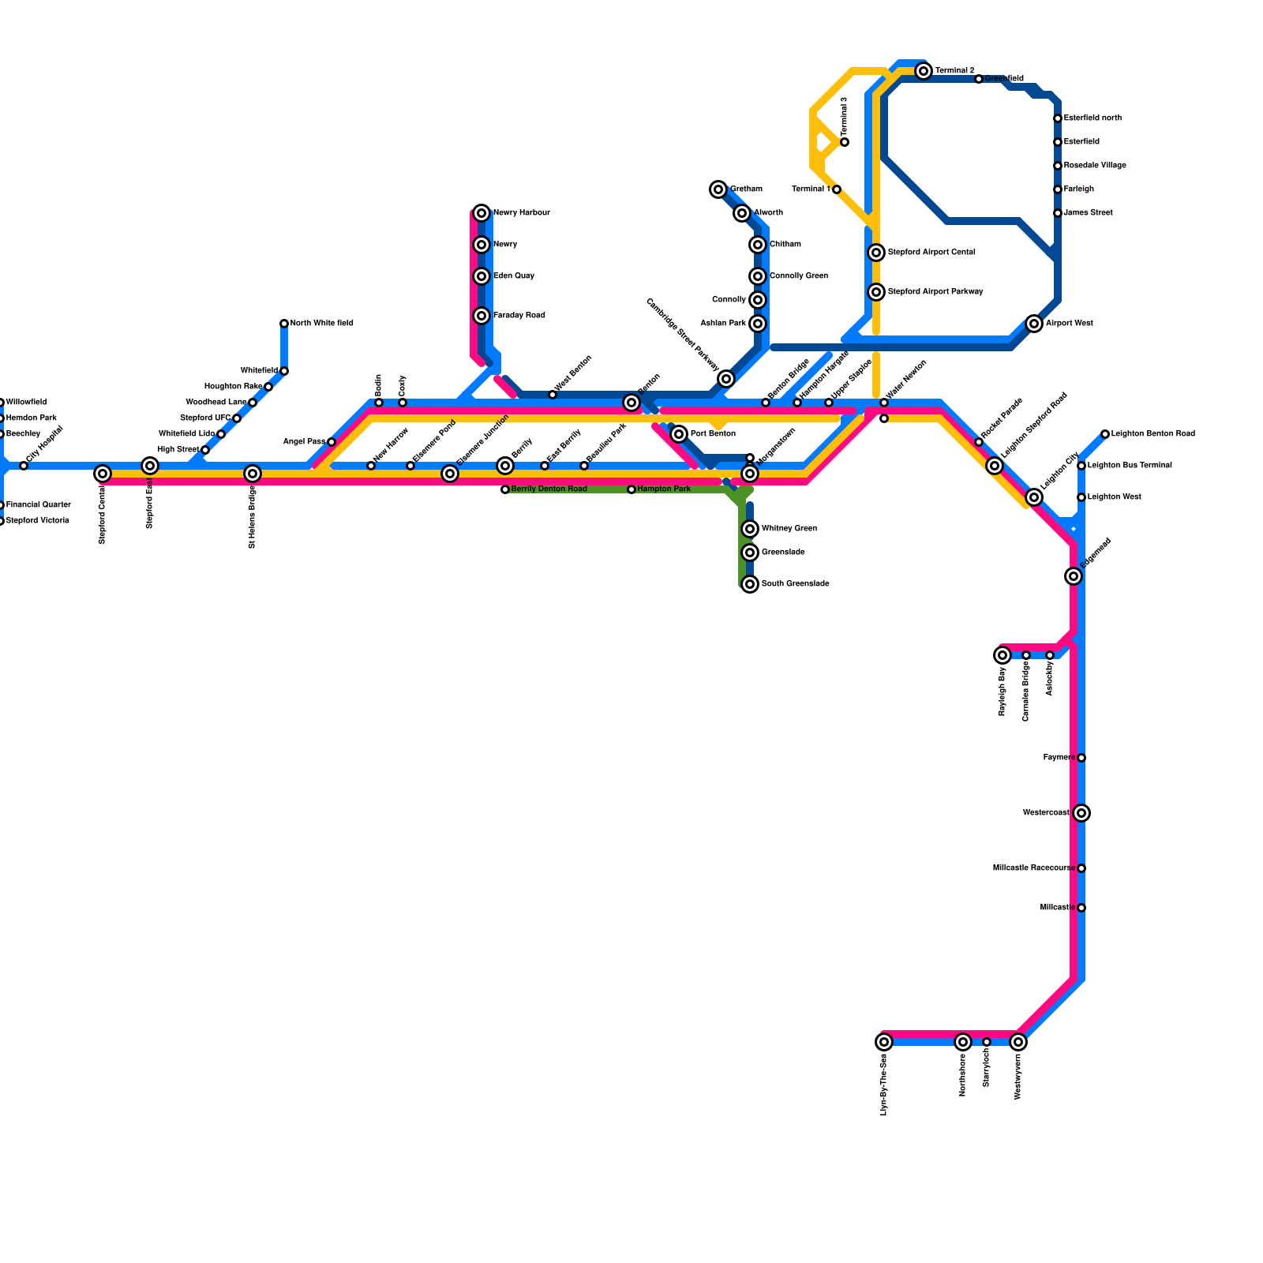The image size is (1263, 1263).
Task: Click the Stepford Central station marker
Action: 103,474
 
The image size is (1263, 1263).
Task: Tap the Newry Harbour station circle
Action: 482,213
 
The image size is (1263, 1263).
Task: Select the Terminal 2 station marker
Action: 924,71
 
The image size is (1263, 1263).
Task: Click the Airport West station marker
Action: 1034,324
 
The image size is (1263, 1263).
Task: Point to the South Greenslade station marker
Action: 750,584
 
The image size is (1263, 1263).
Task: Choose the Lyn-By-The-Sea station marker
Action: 884,1042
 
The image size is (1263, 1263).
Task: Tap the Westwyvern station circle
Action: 1018,1042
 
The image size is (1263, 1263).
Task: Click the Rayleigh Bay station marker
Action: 1003,655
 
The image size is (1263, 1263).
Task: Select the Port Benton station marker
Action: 679,434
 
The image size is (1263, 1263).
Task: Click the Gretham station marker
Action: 718,189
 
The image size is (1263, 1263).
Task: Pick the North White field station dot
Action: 284,324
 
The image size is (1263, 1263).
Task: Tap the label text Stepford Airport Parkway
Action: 935,292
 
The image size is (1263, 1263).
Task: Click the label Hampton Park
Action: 664,489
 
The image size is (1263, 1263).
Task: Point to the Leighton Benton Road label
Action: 1152,434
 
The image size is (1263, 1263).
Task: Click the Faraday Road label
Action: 519,316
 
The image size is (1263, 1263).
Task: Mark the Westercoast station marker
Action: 1081,813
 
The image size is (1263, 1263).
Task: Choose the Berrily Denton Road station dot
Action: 505,489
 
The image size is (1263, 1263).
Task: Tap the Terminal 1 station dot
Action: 837,189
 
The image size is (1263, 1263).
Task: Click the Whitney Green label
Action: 789,529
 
